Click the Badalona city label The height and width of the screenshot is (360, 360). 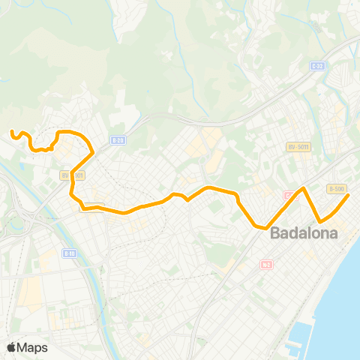pos(304,232)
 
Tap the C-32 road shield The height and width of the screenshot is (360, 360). pos(316,66)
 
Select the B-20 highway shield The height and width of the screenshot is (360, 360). pos(116,139)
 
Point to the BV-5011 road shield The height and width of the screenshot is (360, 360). pos(298,147)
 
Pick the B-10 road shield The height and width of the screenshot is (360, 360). pos(70,253)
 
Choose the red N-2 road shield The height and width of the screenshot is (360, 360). pos(266,264)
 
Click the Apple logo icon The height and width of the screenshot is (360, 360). pos(11,347)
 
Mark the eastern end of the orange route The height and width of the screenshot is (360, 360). pos(349,195)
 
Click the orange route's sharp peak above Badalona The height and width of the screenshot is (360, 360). pos(303,188)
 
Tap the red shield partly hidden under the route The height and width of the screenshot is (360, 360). pos(289,196)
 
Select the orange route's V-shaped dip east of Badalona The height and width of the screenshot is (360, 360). pos(322,221)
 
